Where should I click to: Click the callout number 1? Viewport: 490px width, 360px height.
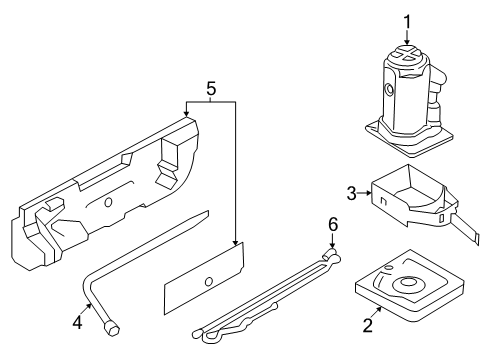click(x=407, y=20)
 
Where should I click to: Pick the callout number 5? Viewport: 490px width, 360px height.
click(x=209, y=90)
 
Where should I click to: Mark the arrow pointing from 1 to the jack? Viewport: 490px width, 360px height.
click(x=407, y=36)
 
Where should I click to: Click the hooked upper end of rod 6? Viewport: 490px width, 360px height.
click(x=333, y=255)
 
